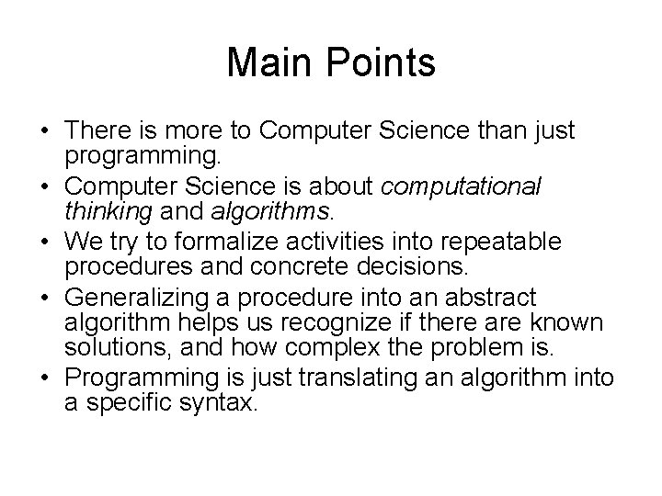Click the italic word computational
pyautogui.click(x=461, y=187)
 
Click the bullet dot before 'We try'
pyautogui.click(x=44, y=244)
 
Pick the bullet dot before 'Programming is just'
pyautogui.click(x=44, y=378)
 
